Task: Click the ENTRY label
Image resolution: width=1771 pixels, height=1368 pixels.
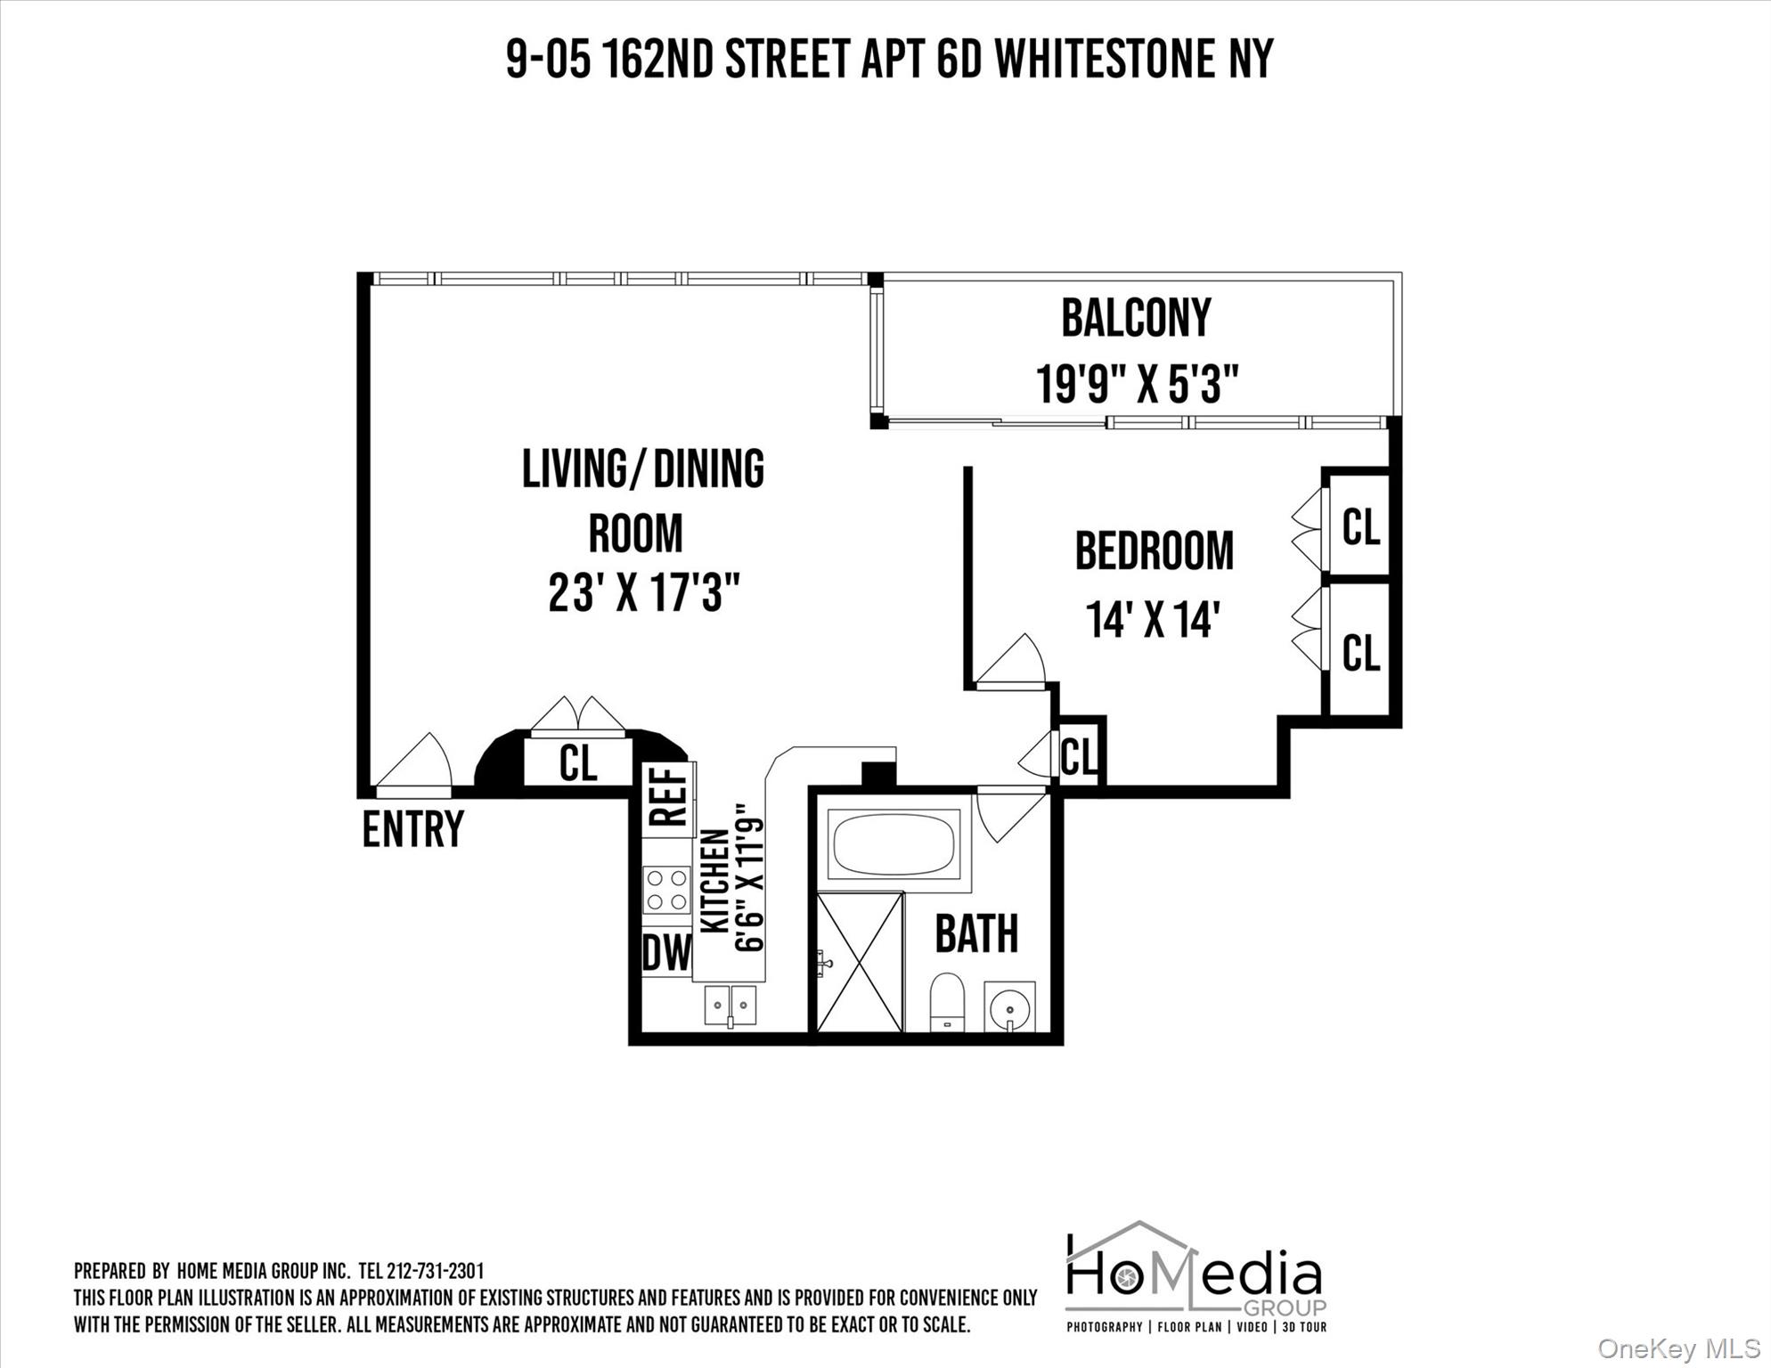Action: [x=412, y=830]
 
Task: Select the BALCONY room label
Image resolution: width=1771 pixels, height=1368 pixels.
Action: [x=1136, y=319]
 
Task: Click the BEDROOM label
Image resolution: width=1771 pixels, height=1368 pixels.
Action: [x=1154, y=551]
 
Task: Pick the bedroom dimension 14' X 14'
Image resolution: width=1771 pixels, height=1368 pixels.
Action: [x=1152, y=620]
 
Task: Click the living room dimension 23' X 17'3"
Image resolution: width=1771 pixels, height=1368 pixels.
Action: [x=644, y=593]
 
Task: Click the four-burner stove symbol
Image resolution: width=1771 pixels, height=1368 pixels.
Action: [x=667, y=889]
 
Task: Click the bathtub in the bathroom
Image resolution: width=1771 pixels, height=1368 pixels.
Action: [x=894, y=843]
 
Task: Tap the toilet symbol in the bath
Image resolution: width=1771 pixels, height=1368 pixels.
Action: [x=947, y=1002]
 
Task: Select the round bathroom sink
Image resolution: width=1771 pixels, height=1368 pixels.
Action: [x=1010, y=1008]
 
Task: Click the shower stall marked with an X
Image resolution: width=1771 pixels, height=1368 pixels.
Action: [x=860, y=962]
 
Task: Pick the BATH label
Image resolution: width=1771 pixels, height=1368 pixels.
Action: [x=976, y=934]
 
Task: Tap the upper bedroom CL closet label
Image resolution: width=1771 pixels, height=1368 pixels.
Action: [x=1360, y=527]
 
